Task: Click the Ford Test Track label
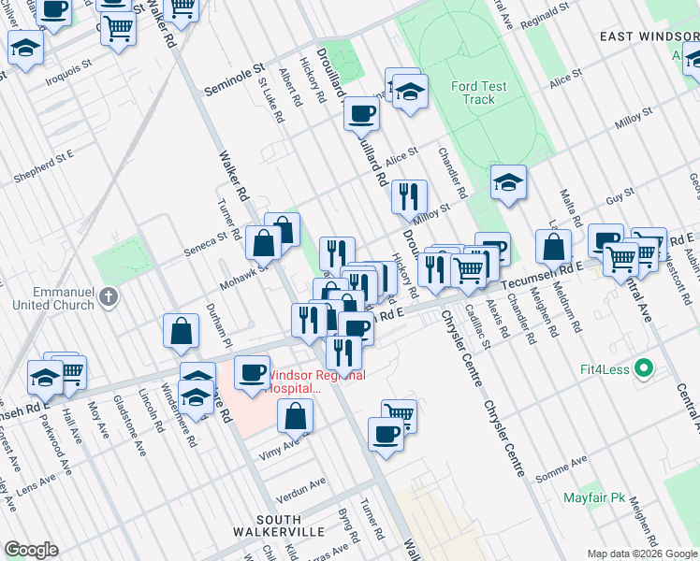[x=478, y=93]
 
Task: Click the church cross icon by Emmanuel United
[x=109, y=298]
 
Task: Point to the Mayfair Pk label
[x=593, y=497]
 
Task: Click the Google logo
[x=31, y=550]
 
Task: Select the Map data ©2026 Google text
[x=642, y=554]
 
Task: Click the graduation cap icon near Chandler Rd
[x=508, y=181]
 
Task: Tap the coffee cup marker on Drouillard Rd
[x=361, y=114]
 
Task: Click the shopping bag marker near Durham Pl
[x=181, y=330]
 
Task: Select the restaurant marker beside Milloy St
[x=409, y=195]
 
